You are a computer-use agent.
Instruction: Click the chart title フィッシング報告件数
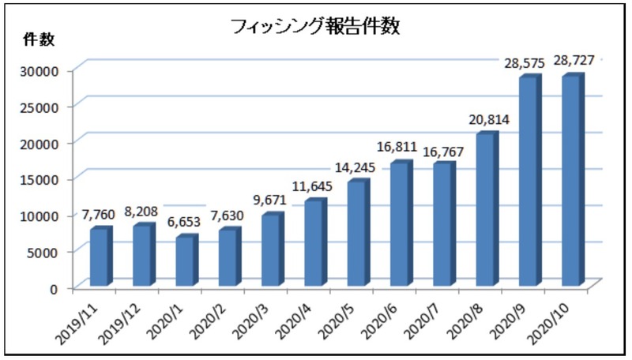pos(316,27)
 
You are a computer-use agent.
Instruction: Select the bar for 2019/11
pos(100,257)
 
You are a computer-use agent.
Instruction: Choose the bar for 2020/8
pos(486,210)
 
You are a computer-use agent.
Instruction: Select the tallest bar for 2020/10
pos(572,181)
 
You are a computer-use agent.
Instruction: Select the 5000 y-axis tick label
pos(44,252)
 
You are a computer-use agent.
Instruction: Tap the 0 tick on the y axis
pos(55,288)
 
